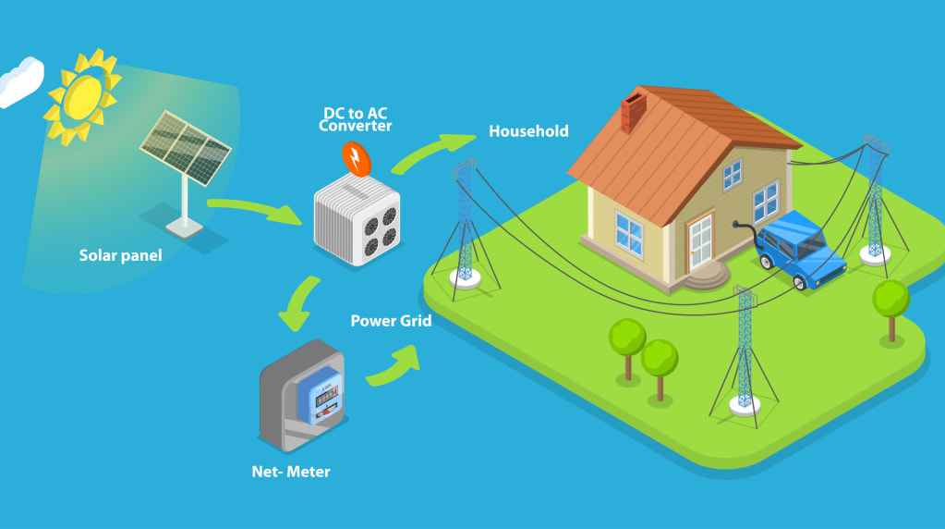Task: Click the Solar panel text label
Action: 120,255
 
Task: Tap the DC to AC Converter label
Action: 356,119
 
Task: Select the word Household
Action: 528,131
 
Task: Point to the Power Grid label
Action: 391,321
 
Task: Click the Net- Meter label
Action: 291,472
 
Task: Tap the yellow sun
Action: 83,92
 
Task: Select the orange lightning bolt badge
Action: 355,159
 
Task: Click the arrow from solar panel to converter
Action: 255,209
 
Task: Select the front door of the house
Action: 699,239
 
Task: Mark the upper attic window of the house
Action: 732,172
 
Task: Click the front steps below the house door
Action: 709,274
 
